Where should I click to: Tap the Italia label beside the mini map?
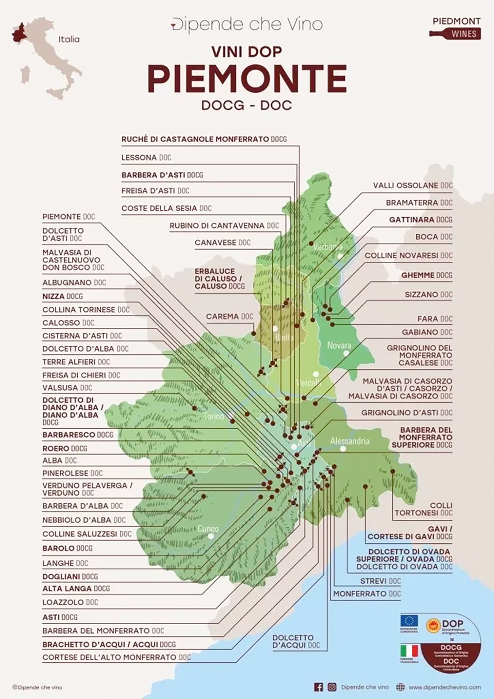click(x=69, y=39)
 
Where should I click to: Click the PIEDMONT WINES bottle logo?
click(x=455, y=28)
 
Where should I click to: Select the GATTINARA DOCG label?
click(x=420, y=219)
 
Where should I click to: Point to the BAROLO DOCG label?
click(x=67, y=548)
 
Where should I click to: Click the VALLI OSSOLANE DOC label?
click(x=412, y=185)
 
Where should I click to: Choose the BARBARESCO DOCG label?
click(x=78, y=435)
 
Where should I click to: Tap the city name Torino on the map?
click(x=214, y=416)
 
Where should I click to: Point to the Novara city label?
click(x=339, y=345)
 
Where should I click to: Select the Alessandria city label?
click(x=350, y=441)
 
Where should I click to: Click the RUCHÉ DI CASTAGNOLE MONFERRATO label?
click(x=204, y=139)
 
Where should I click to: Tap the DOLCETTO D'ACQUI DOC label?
click(x=296, y=641)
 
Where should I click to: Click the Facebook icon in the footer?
click(x=318, y=687)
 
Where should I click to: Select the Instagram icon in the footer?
click(x=332, y=687)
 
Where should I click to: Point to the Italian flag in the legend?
click(x=409, y=650)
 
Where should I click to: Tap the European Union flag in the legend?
click(x=409, y=621)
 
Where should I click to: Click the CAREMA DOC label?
click(x=229, y=317)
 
